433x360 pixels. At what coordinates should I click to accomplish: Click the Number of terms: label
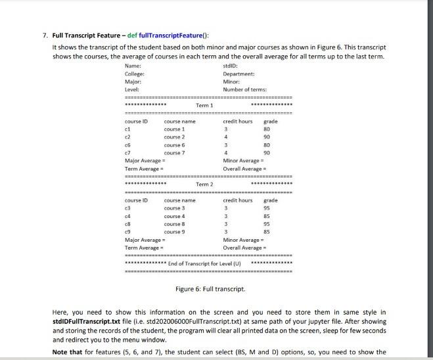click(x=244, y=89)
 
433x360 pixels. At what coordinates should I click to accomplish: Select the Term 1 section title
click(x=204, y=105)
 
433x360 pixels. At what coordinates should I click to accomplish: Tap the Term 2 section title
click(x=204, y=185)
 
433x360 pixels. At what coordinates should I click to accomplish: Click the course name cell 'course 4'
click(x=174, y=216)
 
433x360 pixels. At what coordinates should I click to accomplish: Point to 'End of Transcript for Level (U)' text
click(x=205, y=263)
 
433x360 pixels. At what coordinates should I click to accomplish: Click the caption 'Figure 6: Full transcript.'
click(x=210, y=289)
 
